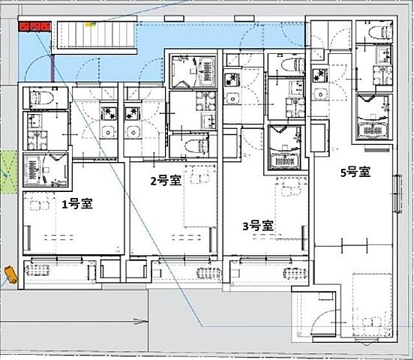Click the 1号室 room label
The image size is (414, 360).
click(x=77, y=204)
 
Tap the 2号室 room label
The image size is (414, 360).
click(x=166, y=181)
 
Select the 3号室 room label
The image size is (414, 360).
click(x=258, y=226)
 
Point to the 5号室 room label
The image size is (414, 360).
click(x=355, y=172)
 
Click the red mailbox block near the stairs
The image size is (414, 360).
click(x=34, y=26)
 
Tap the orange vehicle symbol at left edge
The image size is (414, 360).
click(x=10, y=274)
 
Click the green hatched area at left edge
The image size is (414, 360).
click(x=9, y=172)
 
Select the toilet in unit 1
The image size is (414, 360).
click(x=42, y=97)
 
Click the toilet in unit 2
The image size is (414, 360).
click(x=195, y=145)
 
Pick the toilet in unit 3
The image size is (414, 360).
click(x=292, y=64)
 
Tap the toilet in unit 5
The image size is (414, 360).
click(x=380, y=32)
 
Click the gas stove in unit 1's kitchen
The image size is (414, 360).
click(x=109, y=113)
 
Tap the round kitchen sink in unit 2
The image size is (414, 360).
click(x=131, y=130)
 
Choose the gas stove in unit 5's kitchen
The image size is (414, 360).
click(x=319, y=75)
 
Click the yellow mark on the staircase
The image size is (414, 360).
click(x=90, y=24)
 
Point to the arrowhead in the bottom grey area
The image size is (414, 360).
click(x=141, y=322)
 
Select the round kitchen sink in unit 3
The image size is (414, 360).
click(x=232, y=99)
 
